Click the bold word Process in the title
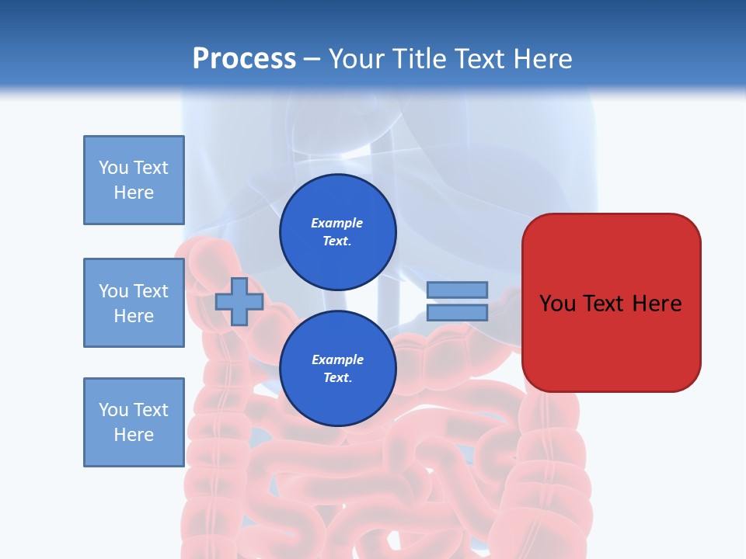click(x=244, y=59)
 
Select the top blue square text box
click(x=134, y=180)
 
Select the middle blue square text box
click(x=134, y=303)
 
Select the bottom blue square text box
click(x=134, y=422)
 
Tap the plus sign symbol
click(x=239, y=302)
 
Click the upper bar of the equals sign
click(x=457, y=290)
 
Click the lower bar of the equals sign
click(x=457, y=313)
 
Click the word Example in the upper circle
click(x=337, y=223)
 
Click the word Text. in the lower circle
click(x=337, y=377)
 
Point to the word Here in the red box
click(x=657, y=304)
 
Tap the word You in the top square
click(x=113, y=168)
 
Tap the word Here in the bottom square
click(x=134, y=435)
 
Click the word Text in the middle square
click(x=151, y=291)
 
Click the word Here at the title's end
click(x=541, y=59)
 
